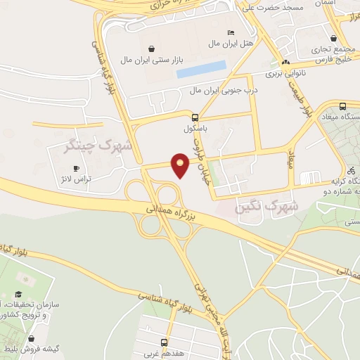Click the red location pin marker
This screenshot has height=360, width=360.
pos(181,165)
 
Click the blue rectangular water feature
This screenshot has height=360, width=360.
pos(201,69)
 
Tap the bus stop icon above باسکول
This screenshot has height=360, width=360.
pos(195,117)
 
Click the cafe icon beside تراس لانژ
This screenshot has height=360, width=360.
pos(77,169)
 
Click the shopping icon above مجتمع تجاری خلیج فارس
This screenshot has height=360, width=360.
pos(333,39)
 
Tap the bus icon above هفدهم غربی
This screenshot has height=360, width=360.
pos(164,342)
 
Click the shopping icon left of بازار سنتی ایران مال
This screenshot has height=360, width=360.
pos(124,48)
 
